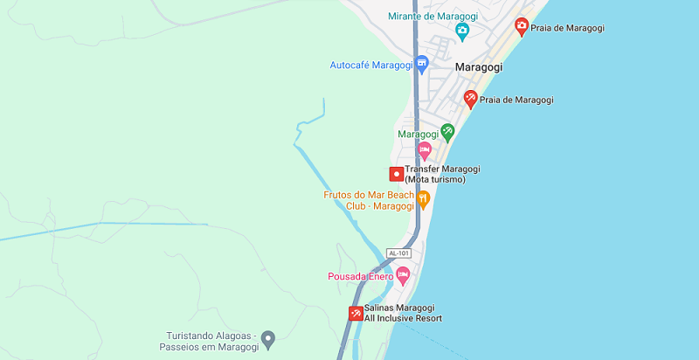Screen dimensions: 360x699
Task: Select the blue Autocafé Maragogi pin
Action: pyautogui.click(x=422, y=64)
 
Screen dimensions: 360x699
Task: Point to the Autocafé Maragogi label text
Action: pyautogui.click(x=370, y=65)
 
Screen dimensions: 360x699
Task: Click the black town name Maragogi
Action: pyautogui.click(x=479, y=66)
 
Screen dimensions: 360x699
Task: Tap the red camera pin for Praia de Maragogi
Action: pyautogui.click(x=522, y=27)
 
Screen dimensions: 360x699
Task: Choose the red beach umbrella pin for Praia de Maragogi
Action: pyautogui.click(x=471, y=99)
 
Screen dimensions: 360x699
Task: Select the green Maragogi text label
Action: pyautogui.click(x=418, y=135)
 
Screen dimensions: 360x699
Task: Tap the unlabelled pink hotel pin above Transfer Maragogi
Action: pyautogui.click(x=424, y=151)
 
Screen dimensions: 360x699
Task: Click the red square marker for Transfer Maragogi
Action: pyautogui.click(x=396, y=174)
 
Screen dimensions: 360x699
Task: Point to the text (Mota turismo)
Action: pyautogui.click(x=435, y=180)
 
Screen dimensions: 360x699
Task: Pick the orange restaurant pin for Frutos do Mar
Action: pyautogui.click(x=424, y=200)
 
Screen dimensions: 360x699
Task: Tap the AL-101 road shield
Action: pyautogui.click(x=398, y=253)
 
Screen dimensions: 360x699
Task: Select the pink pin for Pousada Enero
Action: pyautogui.click(x=403, y=276)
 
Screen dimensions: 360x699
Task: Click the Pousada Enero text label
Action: pyautogui.click(x=360, y=277)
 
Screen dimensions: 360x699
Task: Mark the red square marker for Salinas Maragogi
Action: pyautogui.click(x=356, y=314)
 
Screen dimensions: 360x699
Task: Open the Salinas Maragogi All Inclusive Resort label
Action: pyautogui.click(x=403, y=313)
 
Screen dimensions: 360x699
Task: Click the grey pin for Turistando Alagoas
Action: pyautogui.click(x=268, y=338)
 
